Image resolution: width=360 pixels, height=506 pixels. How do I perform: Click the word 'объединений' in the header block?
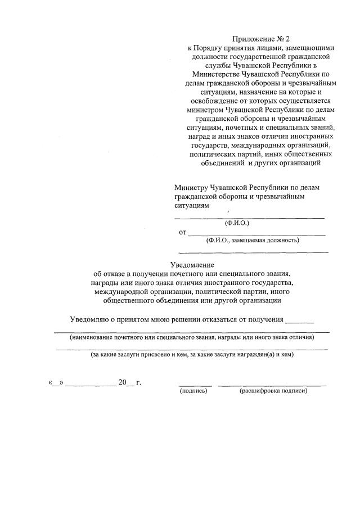click(222, 164)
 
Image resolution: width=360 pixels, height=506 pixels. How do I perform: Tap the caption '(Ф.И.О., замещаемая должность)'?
click(253, 240)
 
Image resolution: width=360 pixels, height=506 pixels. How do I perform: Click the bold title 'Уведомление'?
click(192, 265)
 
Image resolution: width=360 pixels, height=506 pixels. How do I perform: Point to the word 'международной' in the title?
click(120, 292)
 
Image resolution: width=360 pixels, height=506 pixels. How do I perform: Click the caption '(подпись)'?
click(193, 391)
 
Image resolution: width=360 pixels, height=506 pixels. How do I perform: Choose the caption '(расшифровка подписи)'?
click(273, 391)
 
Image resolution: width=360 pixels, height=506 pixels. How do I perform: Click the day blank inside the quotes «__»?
click(57, 383)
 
